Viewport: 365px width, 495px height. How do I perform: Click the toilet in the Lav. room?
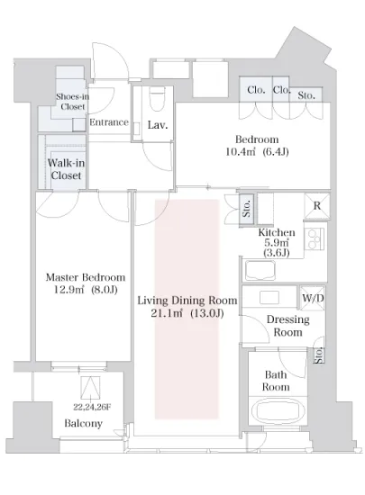(x=157, y=98)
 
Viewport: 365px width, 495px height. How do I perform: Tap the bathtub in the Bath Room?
(x=278, y=410)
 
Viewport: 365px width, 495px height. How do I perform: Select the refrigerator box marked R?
(x=316, y=206)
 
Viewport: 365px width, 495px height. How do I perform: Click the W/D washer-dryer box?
(x=312, y=298)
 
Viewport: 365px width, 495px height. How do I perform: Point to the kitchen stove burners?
(x=314, y=239)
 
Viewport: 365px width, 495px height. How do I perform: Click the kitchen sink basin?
(x=260, y=271)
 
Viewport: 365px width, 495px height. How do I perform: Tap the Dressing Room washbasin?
(x=269, y=297)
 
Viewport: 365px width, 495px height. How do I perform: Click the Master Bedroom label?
(x=86, y=277)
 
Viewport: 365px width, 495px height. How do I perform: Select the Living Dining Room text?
(x=187, y=301)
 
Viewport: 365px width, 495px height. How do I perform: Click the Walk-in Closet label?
(x=66, y=169)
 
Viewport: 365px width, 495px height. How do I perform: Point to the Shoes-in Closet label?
(x=73, y=102)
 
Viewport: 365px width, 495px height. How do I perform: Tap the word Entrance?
(x=109, y=122)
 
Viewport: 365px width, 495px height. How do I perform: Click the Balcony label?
(x=84, y=423)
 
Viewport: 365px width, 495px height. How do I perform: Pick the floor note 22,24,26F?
(x=92, y=407)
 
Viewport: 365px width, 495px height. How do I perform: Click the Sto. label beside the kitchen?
(x=247, y=209)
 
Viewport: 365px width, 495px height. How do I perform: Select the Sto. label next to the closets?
(x=306, y=95)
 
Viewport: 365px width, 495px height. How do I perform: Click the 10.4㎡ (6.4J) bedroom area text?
(x=257, y=152)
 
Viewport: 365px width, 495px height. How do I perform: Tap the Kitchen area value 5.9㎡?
(x=276, y=242)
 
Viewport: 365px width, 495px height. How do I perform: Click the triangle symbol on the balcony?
(x=90, y=388)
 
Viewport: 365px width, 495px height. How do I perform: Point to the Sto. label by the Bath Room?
(x=318, y=355)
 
